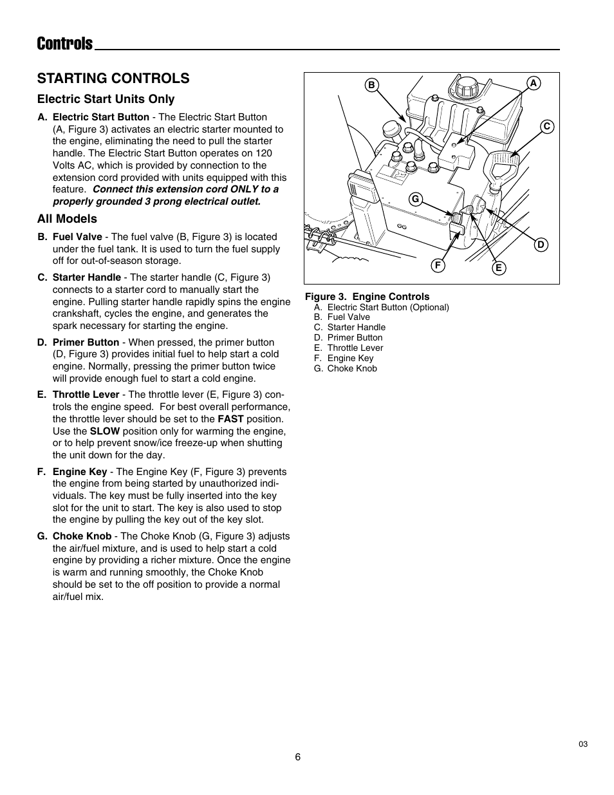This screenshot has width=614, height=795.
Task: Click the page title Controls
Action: [x=65, y=44]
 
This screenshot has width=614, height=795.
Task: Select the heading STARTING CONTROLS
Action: [x=113, y=78]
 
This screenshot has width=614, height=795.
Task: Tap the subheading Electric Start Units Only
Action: [x=106, y=99]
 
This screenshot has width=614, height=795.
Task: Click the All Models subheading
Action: [x=67, y=219]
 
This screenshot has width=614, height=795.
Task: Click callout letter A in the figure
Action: [x=533, y=83]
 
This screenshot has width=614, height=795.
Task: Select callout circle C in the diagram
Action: [x=546, y=127]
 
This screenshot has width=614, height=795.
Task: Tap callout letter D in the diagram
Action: [x=541, y=245]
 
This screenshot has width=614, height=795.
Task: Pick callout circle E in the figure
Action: [x=498, y=268]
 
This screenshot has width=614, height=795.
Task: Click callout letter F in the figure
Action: [x=438, y=265]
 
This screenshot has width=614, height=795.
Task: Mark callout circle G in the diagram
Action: [x=416, y=200]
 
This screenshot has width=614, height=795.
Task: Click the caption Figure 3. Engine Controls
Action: [x=367, y=297]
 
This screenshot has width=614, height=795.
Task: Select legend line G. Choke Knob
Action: [x=346, y=369]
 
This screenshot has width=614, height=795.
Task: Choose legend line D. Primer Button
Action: [x=348, y=338]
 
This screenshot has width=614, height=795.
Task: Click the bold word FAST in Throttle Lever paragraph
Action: [x=230, y=419]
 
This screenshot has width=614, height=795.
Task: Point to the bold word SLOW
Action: [x=104, y=431]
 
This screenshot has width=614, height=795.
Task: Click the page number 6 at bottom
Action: [x=298, y=757]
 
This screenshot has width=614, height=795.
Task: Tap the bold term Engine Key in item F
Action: [x=80, y=472]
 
